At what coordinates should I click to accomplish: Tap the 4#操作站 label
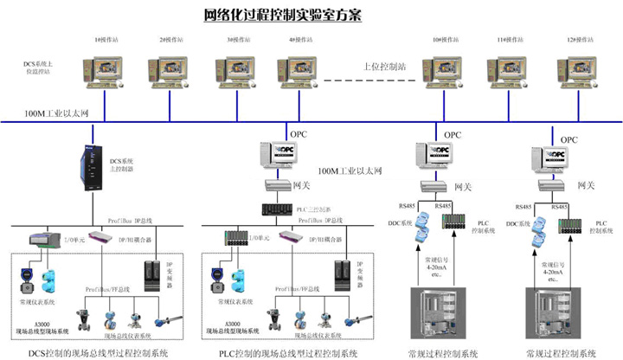(x=299, y=40)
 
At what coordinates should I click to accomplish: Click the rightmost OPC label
(x=568, y=138)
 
